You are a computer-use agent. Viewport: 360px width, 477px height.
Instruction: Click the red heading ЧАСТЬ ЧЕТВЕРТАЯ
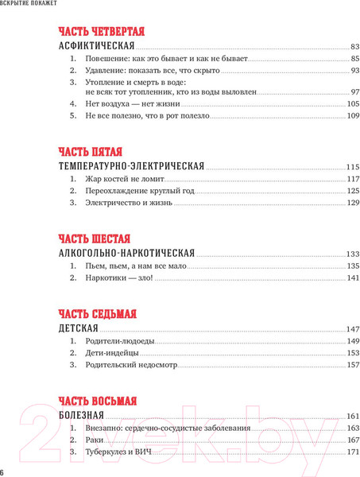coord(102,32)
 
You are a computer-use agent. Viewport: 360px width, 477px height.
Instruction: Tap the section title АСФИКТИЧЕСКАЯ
coord(99,47)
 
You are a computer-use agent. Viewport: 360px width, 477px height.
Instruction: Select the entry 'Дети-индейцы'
coord(111,353)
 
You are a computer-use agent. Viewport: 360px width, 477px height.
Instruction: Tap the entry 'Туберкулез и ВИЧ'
coord(122,452)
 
